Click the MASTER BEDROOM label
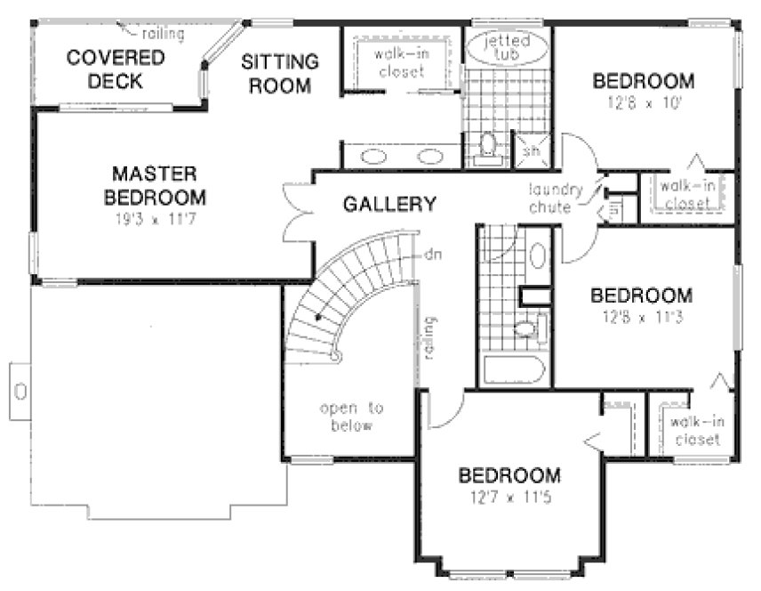pyautogui.click(x=155, y=184)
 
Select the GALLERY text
pyautogui.click(x=389, y=204)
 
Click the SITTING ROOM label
pyautogui.click(x=280, y=74)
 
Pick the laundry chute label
pyautogui.click(x=556, y=197)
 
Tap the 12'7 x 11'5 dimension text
pyautogui.click(x=509, y=496)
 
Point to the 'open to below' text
pyautogui.click(x=351, y=417)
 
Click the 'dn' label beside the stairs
pyautogui.click(x=433, y=255)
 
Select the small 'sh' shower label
pyautogui.click(x=533, y=151)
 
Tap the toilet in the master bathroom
pyautogui.click(x=488, y=145)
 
